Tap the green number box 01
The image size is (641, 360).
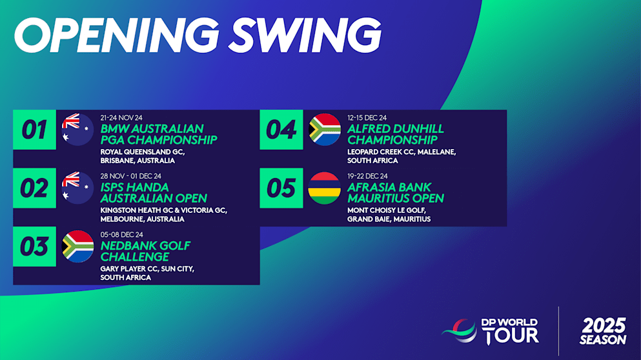[x=35, y=130]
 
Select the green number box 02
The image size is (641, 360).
[x=35, y=188]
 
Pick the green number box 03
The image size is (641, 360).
[x=35, y=246]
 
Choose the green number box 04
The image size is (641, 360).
[x=281, y=130]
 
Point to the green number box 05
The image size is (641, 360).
[x=281, y=188]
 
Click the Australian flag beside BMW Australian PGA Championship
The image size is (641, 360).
[x=78, y=130]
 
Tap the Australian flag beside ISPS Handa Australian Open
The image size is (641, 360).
[x=78, y=188]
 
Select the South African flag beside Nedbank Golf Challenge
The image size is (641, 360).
[x=78, y=246]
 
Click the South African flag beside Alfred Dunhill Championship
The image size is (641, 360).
[x=325, y=130]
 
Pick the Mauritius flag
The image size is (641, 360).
[x=325, y=188]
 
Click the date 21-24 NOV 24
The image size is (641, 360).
[x=121, y=117]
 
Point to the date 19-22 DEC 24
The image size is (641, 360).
[x=367, y=175]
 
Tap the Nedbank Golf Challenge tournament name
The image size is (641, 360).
[x=145, y=251]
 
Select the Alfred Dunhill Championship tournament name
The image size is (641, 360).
[x=395, y=134]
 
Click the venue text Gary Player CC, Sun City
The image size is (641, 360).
[x=147, y=268]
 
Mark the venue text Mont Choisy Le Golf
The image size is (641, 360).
[x=387, y=210]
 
